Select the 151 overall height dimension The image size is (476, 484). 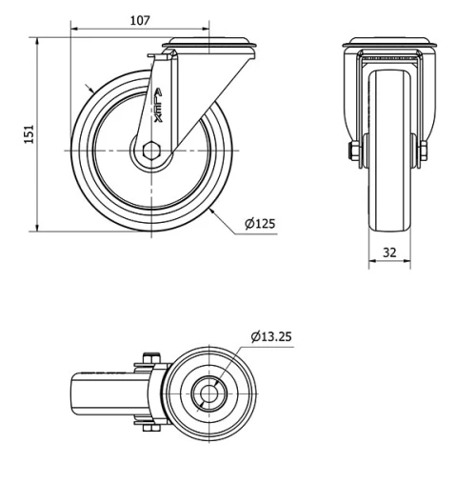(29, 134)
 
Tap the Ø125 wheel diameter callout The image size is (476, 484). (259, 224)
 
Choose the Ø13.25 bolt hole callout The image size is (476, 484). (273, 336)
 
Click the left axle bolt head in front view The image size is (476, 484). (355, 151)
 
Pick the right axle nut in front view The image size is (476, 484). (423, 151)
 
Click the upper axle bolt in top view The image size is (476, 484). (148, 359)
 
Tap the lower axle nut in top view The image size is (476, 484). (148, 426)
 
